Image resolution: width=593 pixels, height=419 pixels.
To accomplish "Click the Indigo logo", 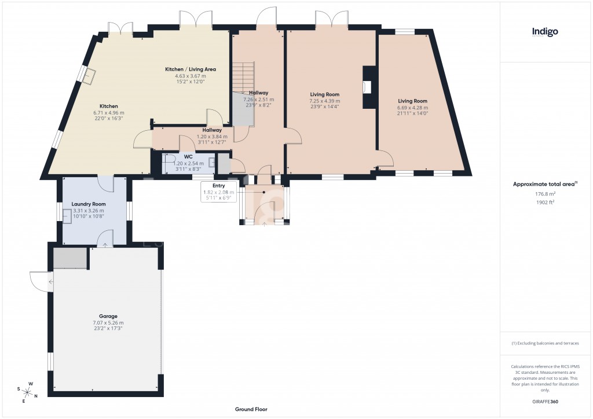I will coord(545,32).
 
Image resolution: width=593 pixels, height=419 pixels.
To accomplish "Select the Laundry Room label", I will coord(89,204).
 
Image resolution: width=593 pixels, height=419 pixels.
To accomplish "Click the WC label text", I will coord(188,156).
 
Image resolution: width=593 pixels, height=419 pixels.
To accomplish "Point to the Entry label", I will coord(218,185).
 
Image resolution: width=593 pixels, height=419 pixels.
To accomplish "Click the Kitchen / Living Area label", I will coord(191,69).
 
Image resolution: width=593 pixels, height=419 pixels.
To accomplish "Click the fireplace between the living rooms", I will coord(368,87).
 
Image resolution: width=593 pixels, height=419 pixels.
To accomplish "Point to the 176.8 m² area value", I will coord(545,194).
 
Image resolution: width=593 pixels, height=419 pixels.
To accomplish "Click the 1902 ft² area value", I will coord(545,203).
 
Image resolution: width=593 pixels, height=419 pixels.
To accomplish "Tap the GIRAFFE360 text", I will coord(545,401).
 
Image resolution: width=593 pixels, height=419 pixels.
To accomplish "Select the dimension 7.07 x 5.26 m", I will coord(108,322).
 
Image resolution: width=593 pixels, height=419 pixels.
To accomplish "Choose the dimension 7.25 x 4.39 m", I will coord(324,101).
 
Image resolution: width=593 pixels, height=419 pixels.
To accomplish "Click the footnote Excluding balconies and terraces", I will coord(545,343).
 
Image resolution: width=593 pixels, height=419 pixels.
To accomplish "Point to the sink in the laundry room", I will coord(67,216).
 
